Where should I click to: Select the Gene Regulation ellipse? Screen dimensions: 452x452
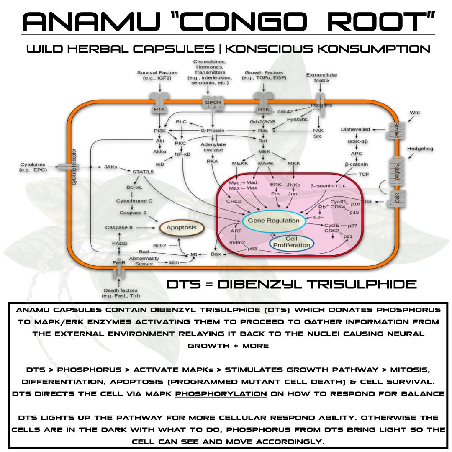tap(274, 221)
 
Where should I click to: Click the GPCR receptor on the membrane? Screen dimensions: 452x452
tap(213, 102)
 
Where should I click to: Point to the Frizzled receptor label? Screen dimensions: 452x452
tap(396, 132)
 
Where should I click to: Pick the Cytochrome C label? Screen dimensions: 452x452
tap(134, 201)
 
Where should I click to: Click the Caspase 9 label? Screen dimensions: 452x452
tap(133, 213)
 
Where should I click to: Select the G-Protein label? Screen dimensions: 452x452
tap(213, 131)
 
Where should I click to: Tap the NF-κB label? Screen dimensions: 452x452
tap(182, 154)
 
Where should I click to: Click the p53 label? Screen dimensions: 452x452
tap(252, 249)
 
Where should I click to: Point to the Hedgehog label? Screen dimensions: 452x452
tap(420, 149)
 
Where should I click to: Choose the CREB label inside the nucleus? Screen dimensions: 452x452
tap(234, 201)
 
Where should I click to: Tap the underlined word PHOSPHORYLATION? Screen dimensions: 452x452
tap(221, 393)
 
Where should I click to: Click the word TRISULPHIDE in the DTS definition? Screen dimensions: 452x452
tap(362, 284)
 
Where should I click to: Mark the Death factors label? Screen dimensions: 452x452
tap(121, 293)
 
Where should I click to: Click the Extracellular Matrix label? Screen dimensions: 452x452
tap(322, 77)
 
